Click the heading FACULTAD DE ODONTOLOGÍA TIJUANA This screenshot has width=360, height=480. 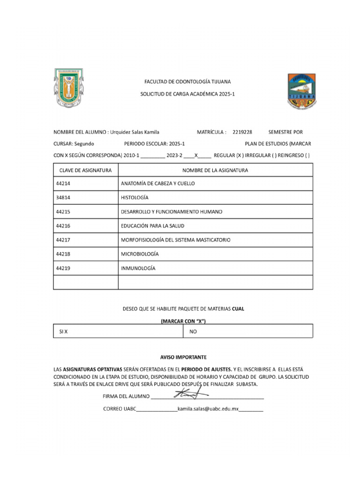[187, 82]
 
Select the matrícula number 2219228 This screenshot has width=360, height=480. [242, 132]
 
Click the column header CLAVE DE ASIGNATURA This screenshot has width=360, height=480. [85, 170]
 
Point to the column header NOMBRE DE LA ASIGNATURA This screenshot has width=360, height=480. [215, 170]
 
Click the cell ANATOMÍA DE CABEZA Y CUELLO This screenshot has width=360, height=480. [157, 184]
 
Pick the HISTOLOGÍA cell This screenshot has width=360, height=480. [135, 198]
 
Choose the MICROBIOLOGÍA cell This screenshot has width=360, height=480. [140, 254]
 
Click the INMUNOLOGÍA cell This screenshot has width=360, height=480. [138, 269]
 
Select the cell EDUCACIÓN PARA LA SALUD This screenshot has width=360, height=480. [152, 226]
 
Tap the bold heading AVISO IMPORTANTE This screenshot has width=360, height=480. [180, 357]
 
